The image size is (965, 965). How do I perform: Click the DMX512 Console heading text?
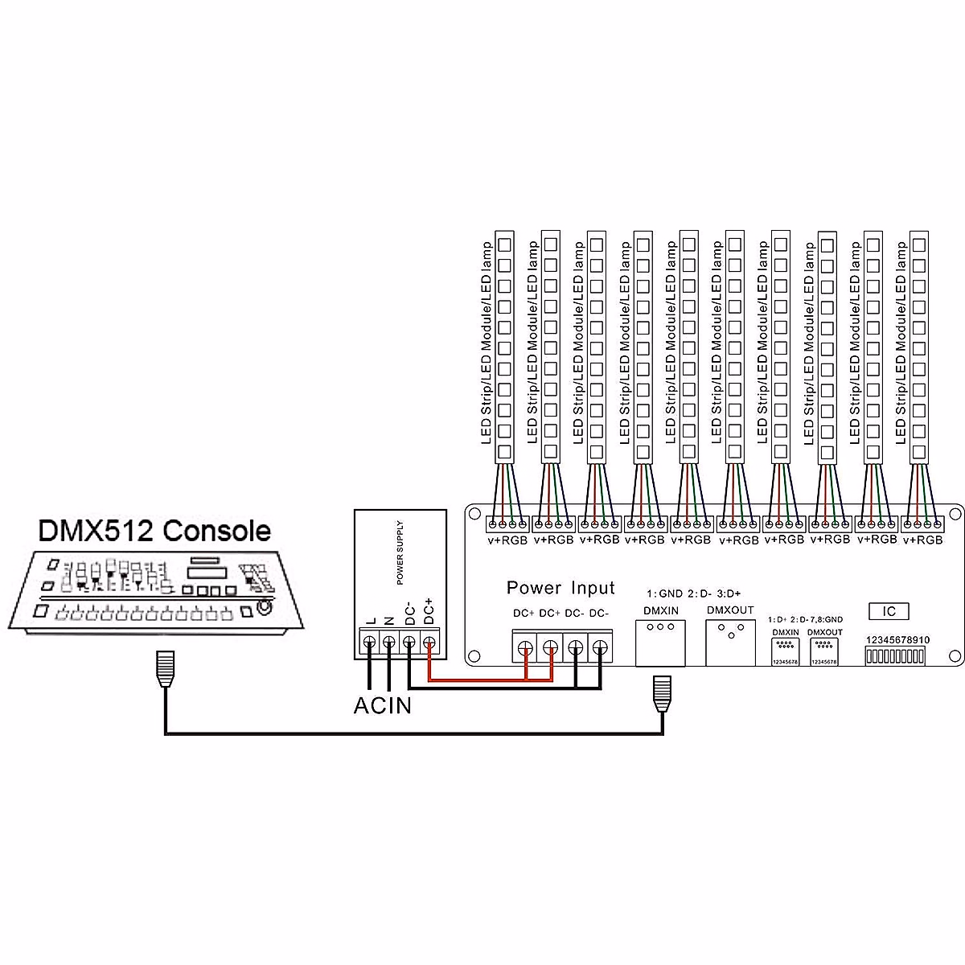point(154,531)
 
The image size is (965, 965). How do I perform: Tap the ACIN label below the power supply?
point(383,706)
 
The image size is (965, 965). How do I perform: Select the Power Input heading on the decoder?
point(561,588)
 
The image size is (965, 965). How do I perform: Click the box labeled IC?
point(889,611)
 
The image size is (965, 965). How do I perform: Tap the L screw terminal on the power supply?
point(369,643)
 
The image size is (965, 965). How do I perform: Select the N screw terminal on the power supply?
point(389,643)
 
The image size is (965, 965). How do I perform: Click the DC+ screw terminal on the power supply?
point(429,643)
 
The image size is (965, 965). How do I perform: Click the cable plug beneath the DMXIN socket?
point(663,692)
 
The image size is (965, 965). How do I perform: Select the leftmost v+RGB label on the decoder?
point(507,540)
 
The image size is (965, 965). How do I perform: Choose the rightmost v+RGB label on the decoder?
point(923,540)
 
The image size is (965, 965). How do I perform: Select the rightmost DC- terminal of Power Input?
point(600,647)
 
